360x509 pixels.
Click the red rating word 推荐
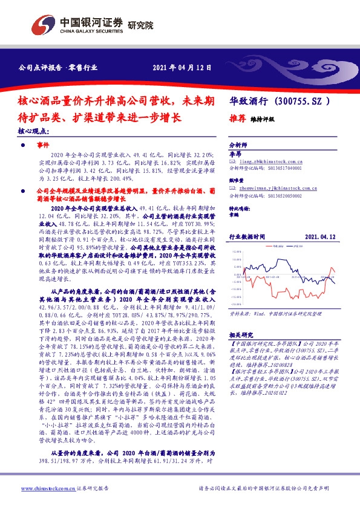(237, 119)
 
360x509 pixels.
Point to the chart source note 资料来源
(239, 314)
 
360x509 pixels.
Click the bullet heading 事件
(42, 146)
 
